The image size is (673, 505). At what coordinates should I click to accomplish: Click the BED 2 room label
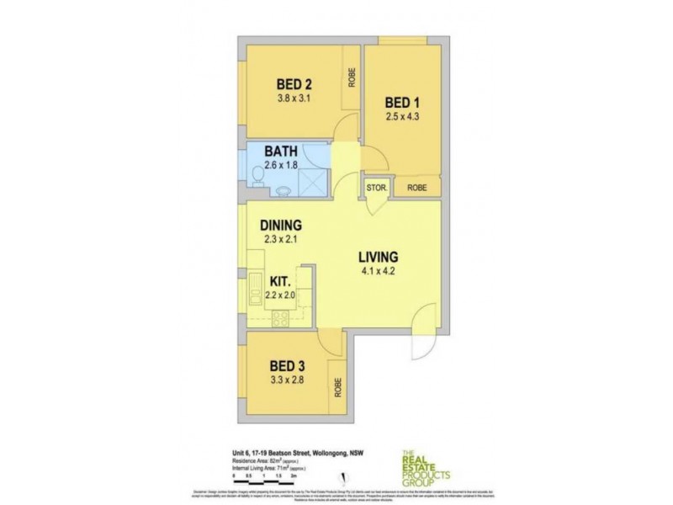[295, 83]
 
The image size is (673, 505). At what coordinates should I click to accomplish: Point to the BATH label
[281, 151]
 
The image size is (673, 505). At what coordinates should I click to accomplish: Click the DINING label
[281, 226]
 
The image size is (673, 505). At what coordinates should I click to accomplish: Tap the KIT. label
[280, 283]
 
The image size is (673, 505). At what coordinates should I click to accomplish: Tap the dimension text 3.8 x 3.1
[295, 98]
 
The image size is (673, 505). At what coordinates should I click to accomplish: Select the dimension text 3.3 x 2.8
[286, 380]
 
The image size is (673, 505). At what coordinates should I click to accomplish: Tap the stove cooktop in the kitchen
[279, 317]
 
